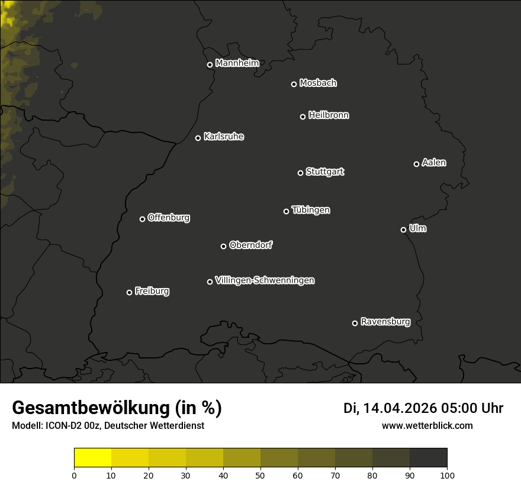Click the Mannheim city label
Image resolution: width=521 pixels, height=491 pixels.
tap(237, 63)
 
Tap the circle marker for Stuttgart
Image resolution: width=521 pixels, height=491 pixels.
tap(300, 173)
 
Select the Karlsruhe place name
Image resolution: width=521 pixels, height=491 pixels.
tap(223, 137)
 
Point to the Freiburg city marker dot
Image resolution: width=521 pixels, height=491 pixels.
tap(129, 292)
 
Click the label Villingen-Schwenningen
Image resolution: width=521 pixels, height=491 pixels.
tap(265, 280)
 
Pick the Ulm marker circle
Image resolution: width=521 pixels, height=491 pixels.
tap(403, 230)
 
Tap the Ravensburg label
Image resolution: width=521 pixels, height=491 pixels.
tap(385, 322)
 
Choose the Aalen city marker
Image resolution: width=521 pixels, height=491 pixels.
tap(416, 164)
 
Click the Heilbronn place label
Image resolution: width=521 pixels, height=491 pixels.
tap(329, 115)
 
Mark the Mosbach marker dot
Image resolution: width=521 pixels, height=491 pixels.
tap(294, 84)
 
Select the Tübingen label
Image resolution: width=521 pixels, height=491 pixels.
tap(311, 210)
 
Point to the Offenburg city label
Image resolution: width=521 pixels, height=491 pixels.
tap(169, 218)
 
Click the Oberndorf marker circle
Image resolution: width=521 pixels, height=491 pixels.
tap(223, 246)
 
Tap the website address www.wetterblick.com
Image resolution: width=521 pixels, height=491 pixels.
tap(427, 425)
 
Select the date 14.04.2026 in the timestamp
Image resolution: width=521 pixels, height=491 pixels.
tap(400, 408)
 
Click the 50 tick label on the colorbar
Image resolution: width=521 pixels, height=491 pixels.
tap(260, 475)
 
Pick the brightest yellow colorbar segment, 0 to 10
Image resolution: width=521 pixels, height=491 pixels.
tap(92, 457)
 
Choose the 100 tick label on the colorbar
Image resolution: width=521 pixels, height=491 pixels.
tap(447, 475)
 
